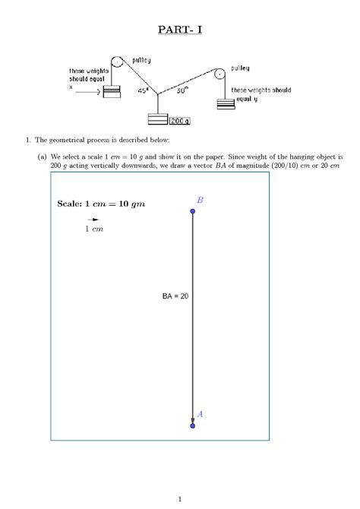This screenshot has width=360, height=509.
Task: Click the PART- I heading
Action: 180,30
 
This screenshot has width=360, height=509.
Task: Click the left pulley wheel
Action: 117,62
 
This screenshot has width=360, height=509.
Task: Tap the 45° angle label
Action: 143,90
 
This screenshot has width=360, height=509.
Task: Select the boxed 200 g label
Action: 179,120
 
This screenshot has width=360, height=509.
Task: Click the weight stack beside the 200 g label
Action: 158,119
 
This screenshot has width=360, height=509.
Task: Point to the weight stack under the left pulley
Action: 112,92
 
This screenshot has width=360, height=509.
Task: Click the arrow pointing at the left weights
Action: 88,92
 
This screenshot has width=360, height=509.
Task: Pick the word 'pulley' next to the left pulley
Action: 142,60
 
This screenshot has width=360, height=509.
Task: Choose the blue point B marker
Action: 193,211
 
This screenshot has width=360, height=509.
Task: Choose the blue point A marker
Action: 193,425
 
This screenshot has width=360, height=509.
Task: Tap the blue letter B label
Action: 200,200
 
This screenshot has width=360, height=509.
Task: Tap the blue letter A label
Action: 200,414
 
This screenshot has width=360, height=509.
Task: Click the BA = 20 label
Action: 175,296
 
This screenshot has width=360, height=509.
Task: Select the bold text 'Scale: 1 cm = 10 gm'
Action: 100,204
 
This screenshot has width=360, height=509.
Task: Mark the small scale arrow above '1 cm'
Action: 93,219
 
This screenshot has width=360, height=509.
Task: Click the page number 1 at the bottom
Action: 180,498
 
